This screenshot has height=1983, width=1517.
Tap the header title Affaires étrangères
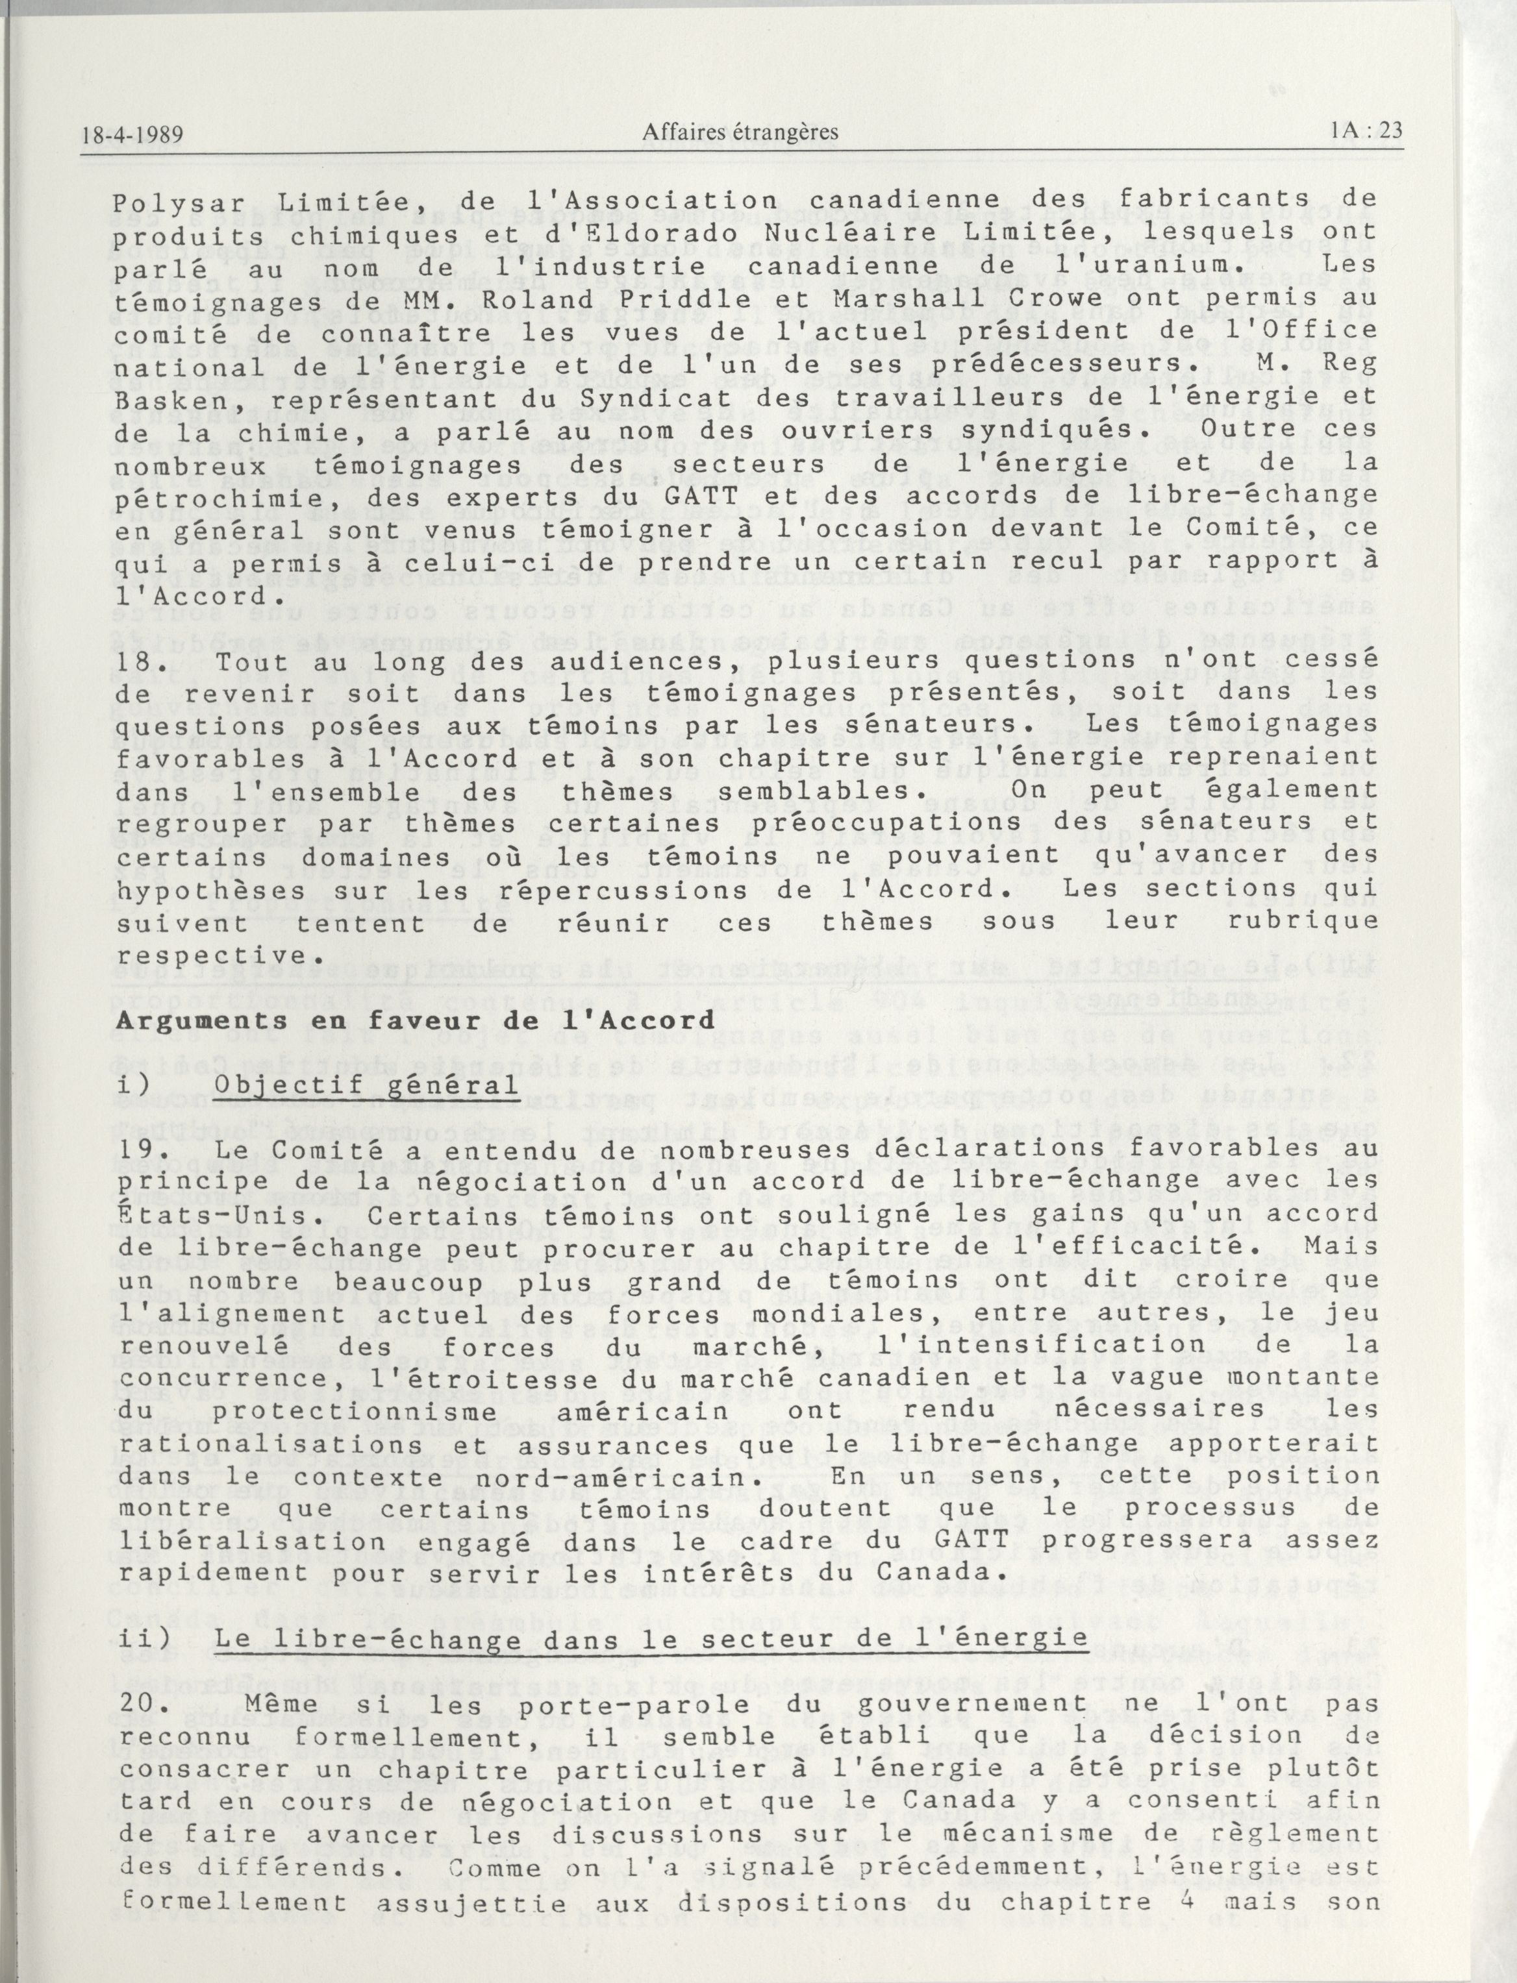pos(740,132)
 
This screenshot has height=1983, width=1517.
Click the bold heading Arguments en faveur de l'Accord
pos(416,1022)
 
